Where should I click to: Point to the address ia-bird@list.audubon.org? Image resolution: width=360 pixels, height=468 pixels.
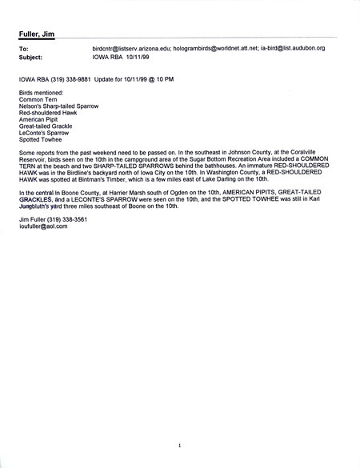coord(292,49)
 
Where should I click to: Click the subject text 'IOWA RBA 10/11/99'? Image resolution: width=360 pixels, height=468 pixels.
coord(118,57)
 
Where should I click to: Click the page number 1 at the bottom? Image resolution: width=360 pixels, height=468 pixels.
coord(181,445)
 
